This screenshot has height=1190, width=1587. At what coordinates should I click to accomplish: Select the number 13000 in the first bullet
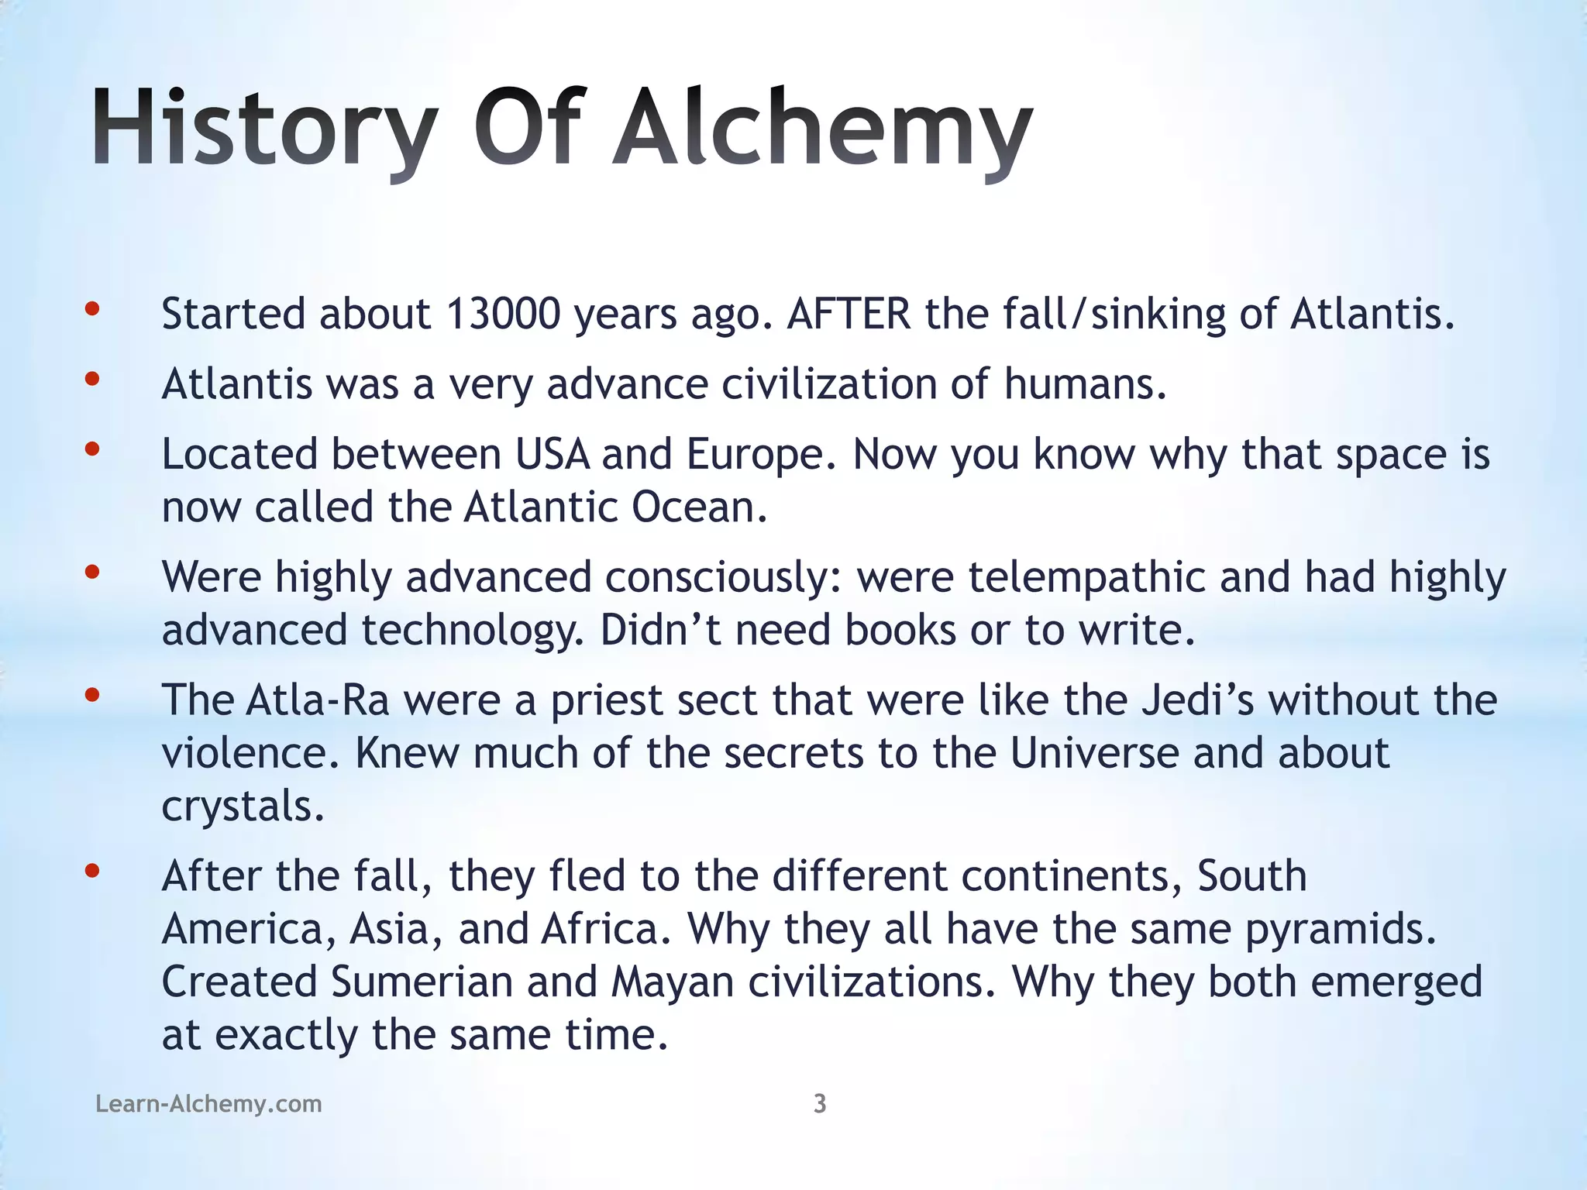(x=503, y=315)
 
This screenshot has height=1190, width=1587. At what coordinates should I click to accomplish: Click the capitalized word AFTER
(x=849, y=315)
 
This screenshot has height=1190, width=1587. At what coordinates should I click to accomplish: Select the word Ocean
(x=699, y=507)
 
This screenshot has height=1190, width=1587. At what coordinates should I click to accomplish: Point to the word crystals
(x=242, y=807)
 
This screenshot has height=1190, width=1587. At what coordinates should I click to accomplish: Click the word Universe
(x=1093, y=753)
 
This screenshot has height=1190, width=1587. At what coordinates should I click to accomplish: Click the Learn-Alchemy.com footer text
(x=208, y=1103)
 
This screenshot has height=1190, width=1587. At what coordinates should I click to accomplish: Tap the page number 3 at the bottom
(x=820, y=1103)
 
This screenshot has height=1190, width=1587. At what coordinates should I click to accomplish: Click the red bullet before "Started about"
(x=92, y=309)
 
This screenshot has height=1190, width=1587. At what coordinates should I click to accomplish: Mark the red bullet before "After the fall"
(x=92, y=871)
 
